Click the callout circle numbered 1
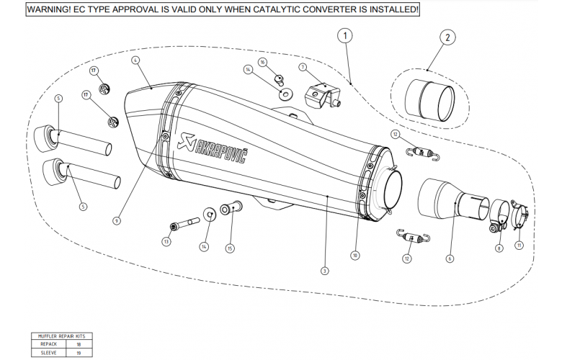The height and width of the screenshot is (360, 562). [x=347, y=34]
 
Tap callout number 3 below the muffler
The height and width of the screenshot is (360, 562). [x=325, y=271]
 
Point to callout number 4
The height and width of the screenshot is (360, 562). [x=135, y=60]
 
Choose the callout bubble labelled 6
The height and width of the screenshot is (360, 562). [x=450, y=258]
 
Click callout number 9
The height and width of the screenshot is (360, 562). [x=116, y=221]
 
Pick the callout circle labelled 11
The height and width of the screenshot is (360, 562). [x=519, y=245]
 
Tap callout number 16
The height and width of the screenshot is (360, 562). [x=263, y=63]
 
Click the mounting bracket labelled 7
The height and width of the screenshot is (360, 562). [x=322, y=94]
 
